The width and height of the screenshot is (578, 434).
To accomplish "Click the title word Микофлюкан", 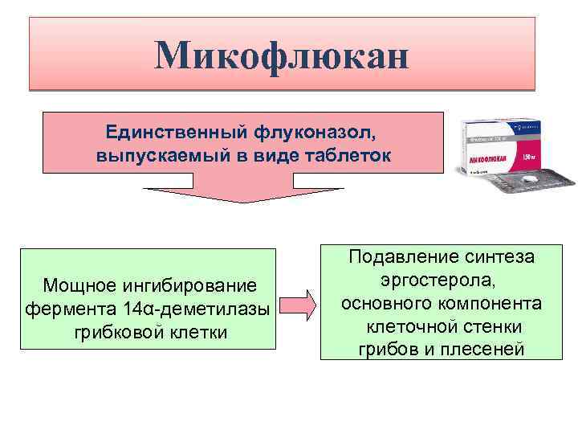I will point(282,55).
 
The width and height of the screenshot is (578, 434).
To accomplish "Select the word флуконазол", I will point(301,130).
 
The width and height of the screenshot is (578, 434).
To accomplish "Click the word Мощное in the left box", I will point(80,285).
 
